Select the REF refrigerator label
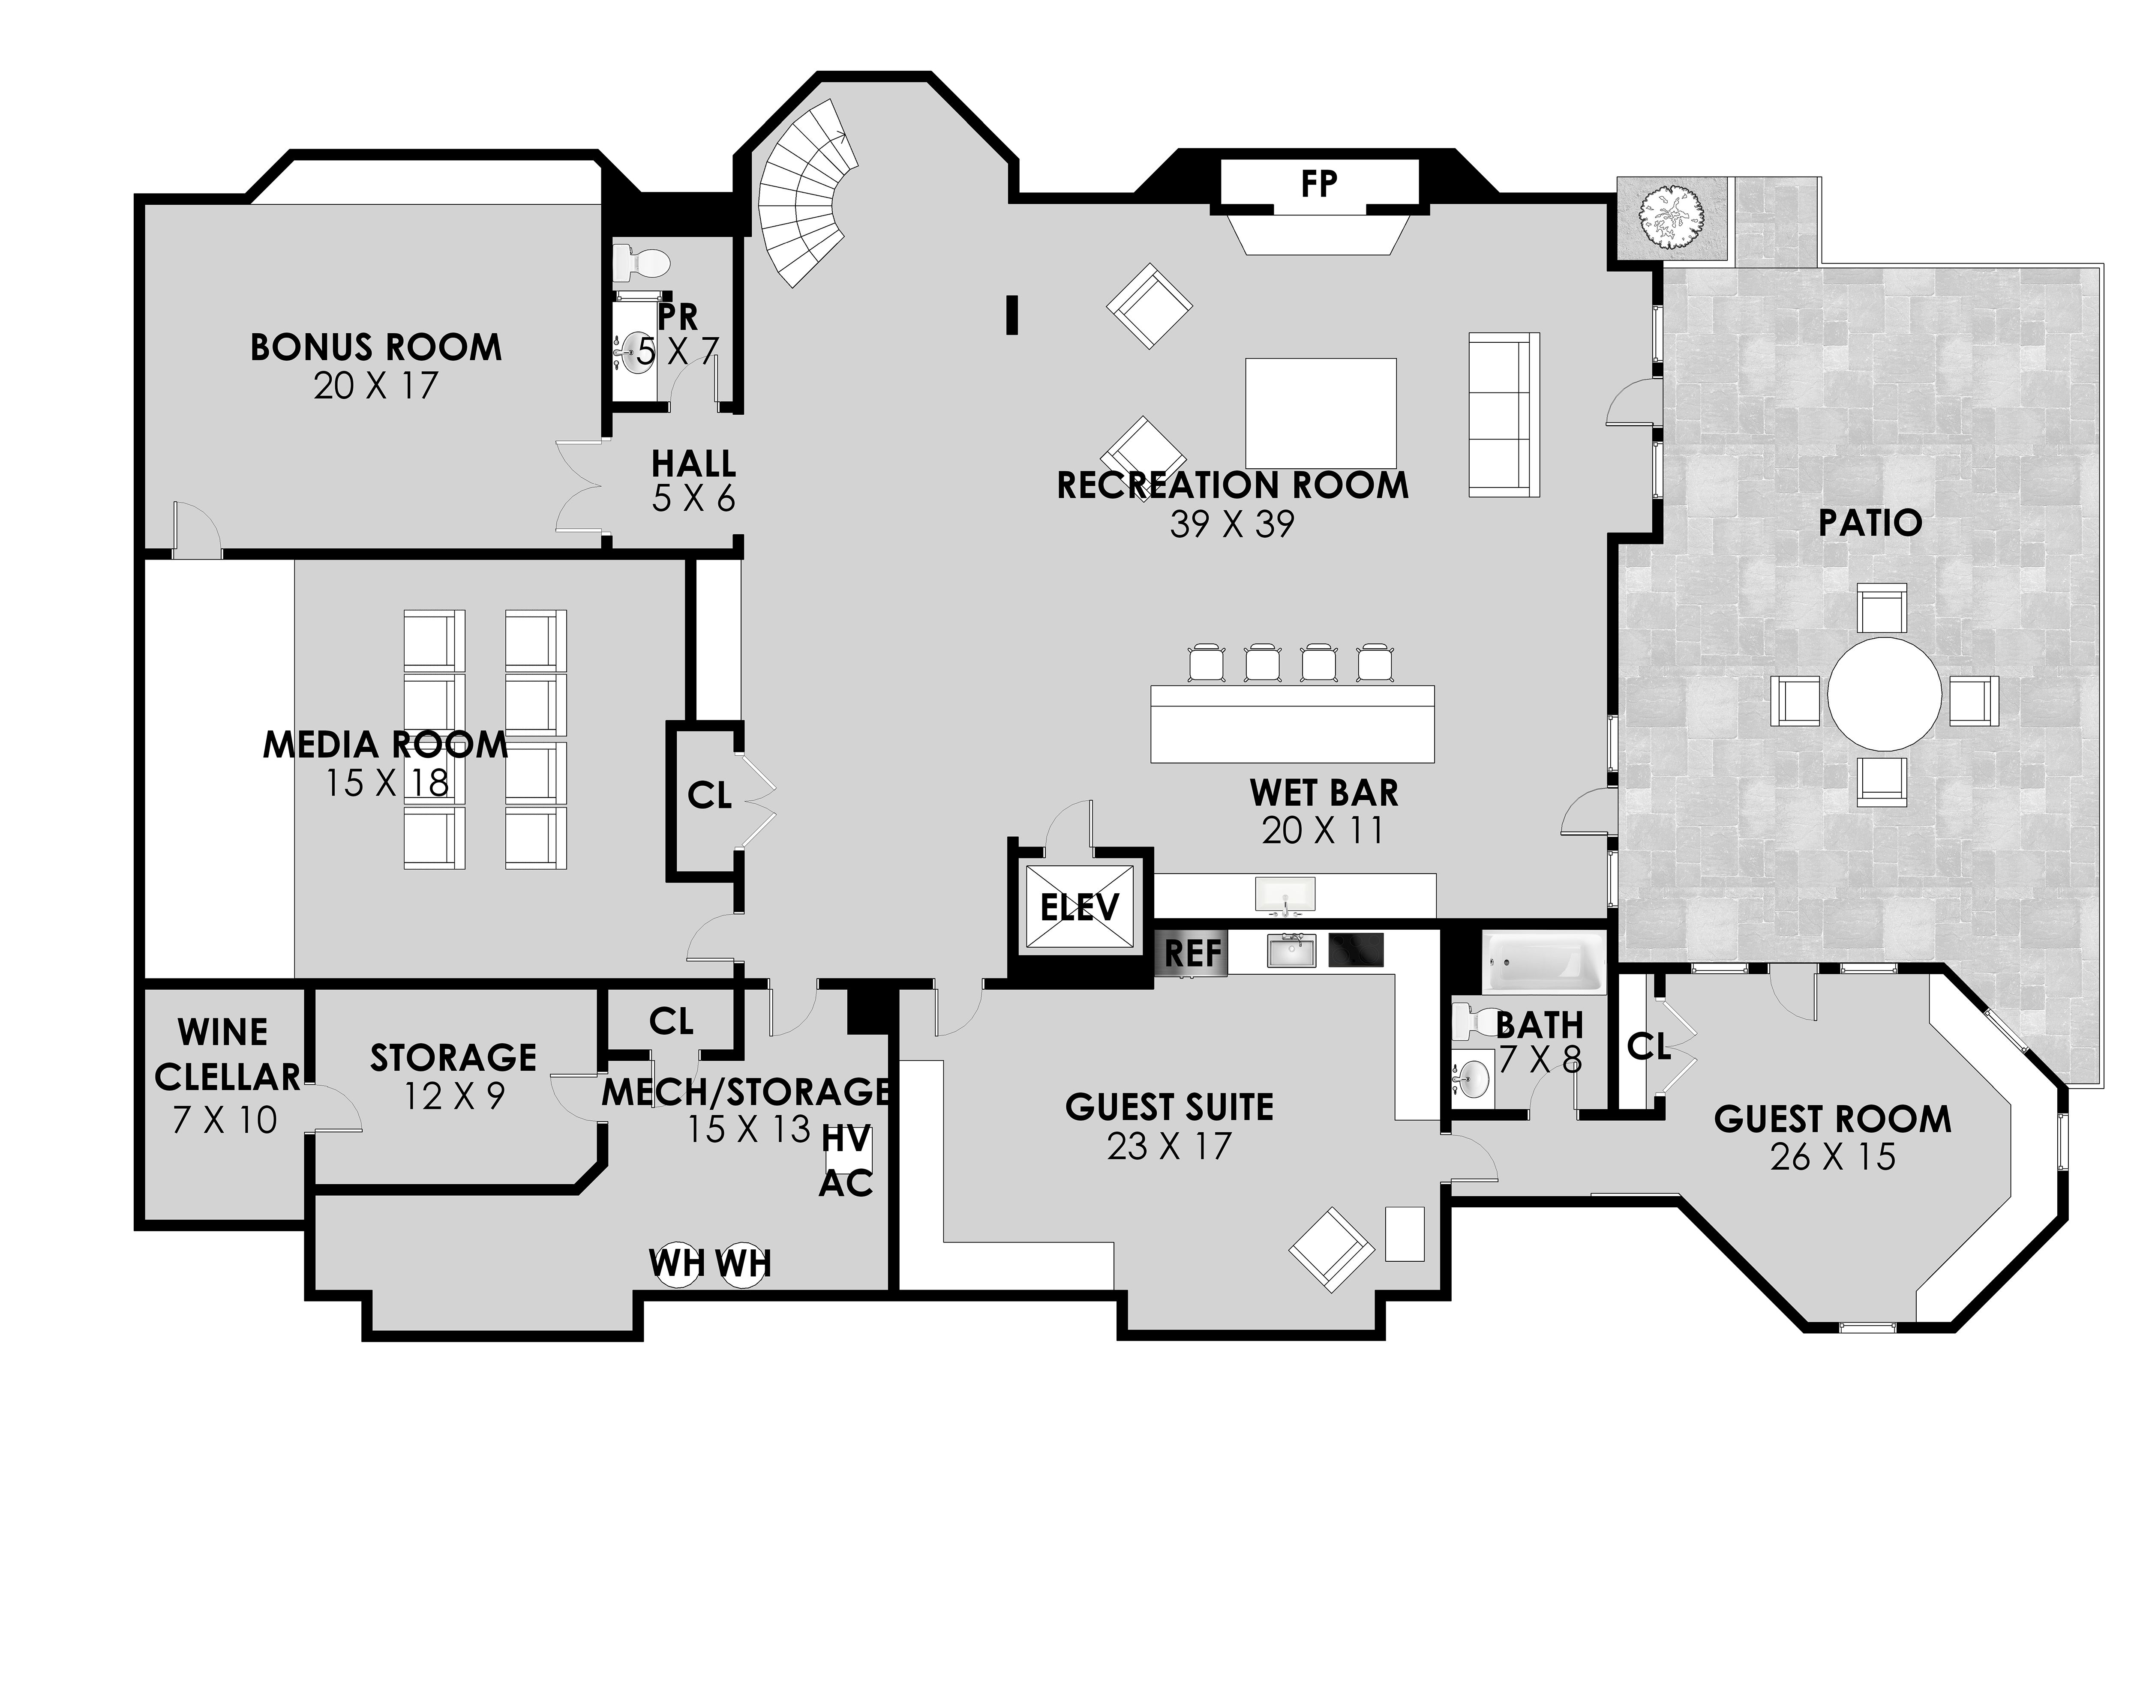pyautogui.click(x=1193, y=954)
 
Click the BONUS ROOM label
pyautogui.click(x=375, y=348)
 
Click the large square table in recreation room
pyautogui.click(x=1321, y=413)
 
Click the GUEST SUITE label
pyautogui.click(x=1169, y=1107)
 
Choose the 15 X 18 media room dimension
pyautogui.click(x=387, y=784)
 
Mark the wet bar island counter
pyautogui.click(x=1292, y=724)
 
